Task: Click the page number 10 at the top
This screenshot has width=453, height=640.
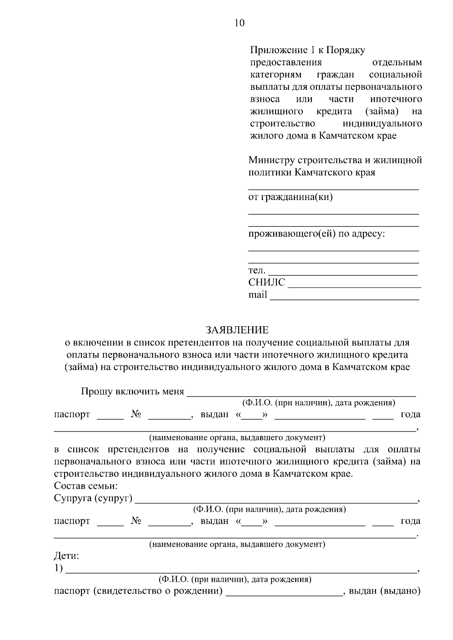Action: (x=239, y=23)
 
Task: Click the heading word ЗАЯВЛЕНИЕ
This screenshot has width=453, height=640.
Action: (x=237, y=330)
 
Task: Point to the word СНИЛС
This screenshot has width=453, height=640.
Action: (x=267, y=282)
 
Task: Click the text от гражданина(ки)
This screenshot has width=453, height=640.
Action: (x=290, y=197)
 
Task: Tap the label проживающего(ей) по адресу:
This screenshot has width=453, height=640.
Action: (x=316, y=234)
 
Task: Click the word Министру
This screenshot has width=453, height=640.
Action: (x=271, y=160)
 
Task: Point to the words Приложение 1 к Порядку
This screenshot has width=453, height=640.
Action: (x=307, y=50)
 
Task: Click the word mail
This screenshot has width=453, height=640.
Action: (x=257, y=295)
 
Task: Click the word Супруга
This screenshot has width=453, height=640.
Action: (x=73, y=498)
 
